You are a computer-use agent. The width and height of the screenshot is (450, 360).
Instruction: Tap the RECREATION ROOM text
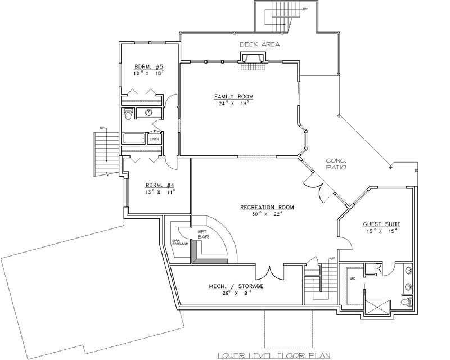click(x=267, y=207)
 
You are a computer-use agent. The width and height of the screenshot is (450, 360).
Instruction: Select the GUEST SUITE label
click(x=381, y=223)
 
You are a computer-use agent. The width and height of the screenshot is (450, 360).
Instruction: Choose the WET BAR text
click(x=202, y=234)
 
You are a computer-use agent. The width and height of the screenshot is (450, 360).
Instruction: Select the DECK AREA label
click(x=259, y=44)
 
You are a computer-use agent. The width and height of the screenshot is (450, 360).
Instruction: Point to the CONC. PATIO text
click(x=336, y=164)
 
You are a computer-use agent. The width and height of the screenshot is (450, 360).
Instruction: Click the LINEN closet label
click(x=154, y=138)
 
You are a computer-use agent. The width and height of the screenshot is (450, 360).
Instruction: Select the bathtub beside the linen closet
click(x=134, y=138)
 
